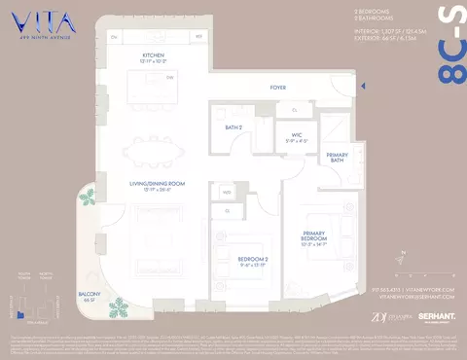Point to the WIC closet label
pos(296,136)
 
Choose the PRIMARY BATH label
pos(337,158)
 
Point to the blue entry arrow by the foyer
pos(362,88)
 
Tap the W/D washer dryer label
pos(226,193)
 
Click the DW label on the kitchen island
pos(170,76)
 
